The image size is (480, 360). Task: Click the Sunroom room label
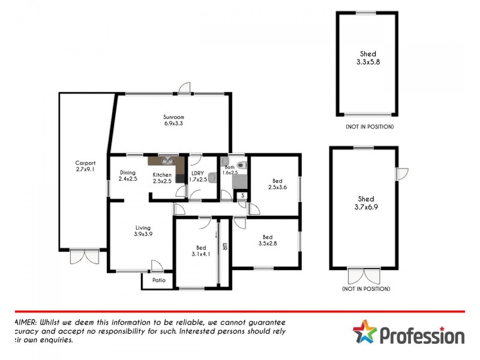tap(173, 117)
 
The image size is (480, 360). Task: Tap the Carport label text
tap(85, 163)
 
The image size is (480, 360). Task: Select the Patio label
tap(158, 281)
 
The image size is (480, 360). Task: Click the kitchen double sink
tap(165, 160)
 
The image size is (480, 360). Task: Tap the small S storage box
tap(242, 195)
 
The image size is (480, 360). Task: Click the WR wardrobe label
tap(224, 247)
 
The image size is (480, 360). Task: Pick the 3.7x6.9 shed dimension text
tap(365, 206)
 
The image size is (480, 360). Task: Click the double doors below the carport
tap(84, 256)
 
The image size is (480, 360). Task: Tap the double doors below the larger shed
tap(364, 276)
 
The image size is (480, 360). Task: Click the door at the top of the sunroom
tap(185, 89)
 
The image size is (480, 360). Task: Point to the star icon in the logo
tap(364, 332)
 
